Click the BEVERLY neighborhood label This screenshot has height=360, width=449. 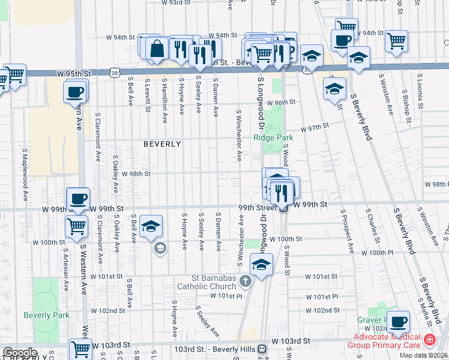coord(162,144)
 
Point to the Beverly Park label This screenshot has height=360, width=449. coord(46,315)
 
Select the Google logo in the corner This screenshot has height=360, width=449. coord(19,353)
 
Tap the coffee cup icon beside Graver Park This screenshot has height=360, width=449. coord(398,320)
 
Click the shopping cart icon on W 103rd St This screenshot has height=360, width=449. coord(80,348)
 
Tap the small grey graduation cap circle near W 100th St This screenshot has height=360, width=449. coord(159,248)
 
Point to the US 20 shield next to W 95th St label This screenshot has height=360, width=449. coord(114,73)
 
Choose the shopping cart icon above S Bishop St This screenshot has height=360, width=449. coord(396,40)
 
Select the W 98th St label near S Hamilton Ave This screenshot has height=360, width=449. coord(136,174)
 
